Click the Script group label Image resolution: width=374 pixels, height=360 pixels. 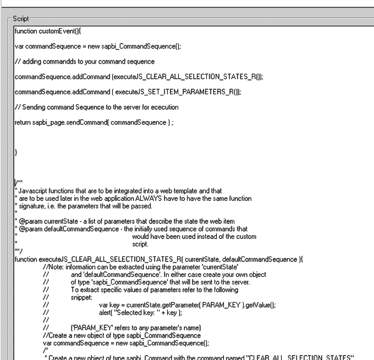click(21, 19)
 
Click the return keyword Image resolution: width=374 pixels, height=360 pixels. click(22, 122)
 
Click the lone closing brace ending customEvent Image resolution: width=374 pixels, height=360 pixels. click(16, 152)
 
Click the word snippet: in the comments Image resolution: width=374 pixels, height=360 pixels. click(82, 297)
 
